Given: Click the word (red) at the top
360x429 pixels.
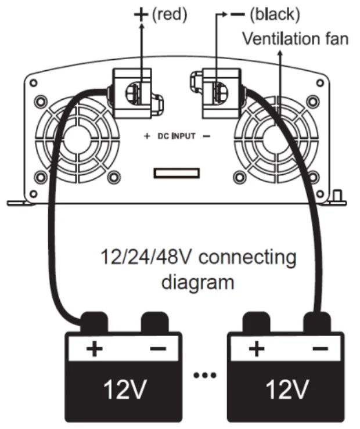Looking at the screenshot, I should (x=170, y=15).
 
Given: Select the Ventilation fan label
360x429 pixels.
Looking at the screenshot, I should (x=295, y=39).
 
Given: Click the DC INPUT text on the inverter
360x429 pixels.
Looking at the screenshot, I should (x=177, y=137).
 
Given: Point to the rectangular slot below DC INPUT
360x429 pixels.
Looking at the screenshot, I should (x=177, y=174).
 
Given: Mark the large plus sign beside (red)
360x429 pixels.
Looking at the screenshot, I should (x=141, y=14).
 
